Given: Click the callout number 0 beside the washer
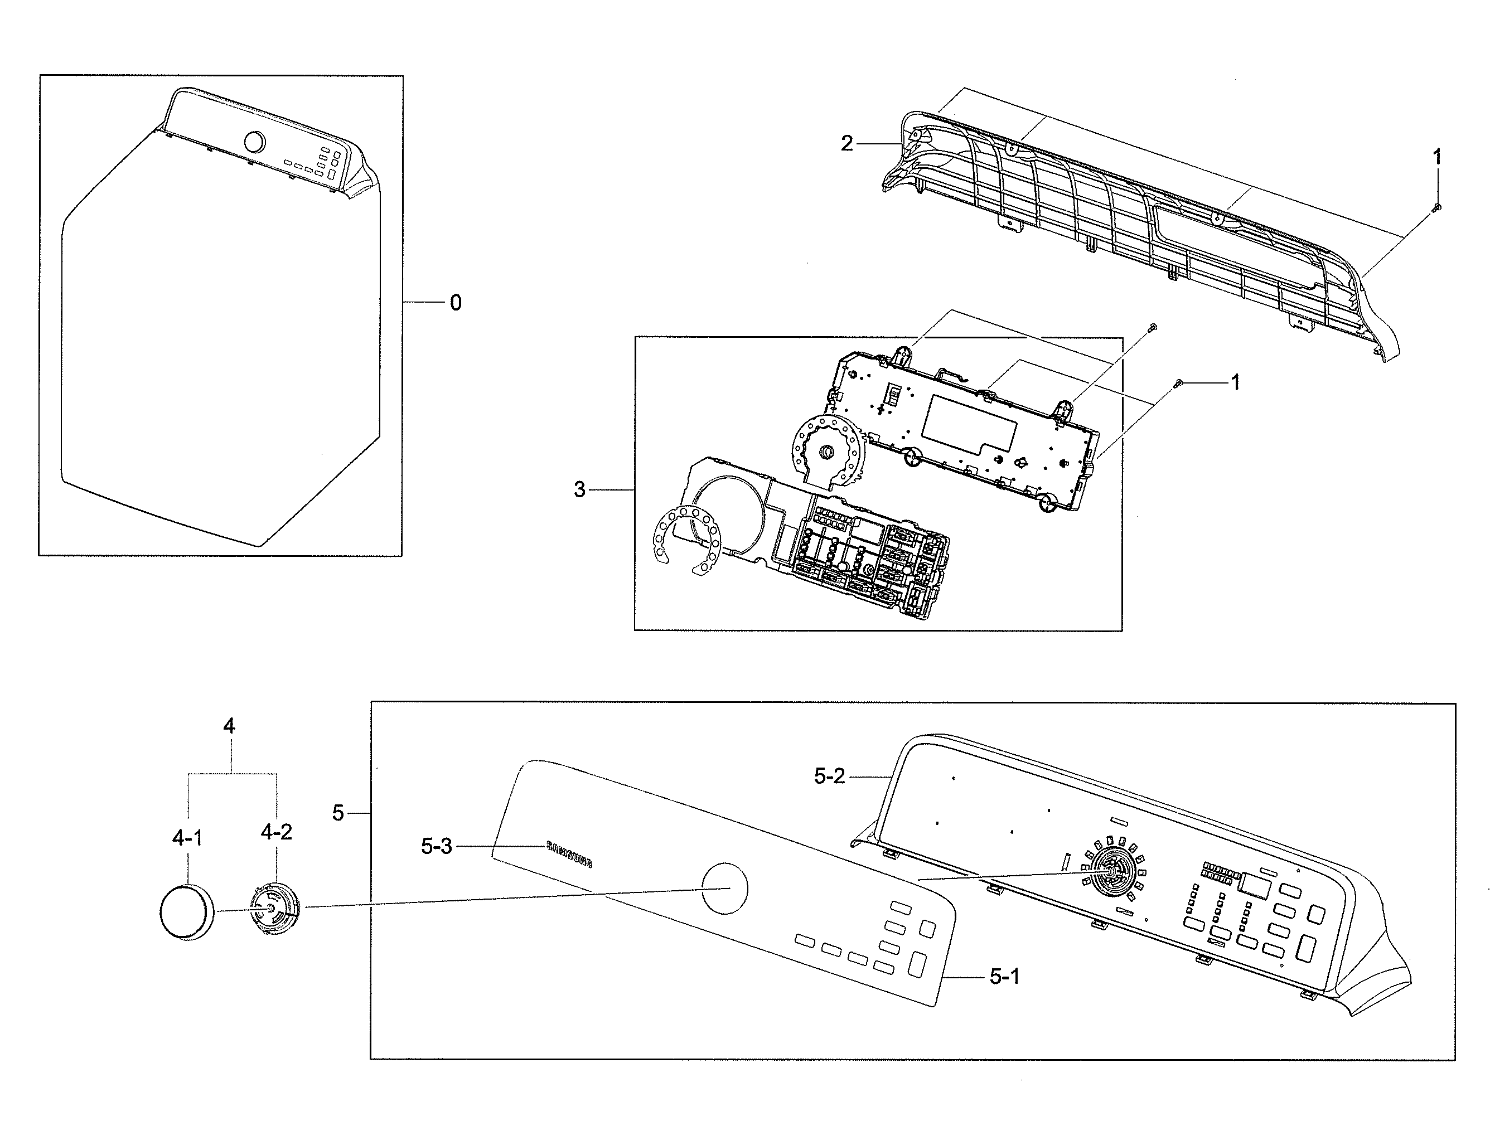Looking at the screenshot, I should (456, 303).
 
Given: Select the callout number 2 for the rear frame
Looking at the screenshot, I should (846, 143).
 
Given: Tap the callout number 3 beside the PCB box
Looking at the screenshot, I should (579, 489).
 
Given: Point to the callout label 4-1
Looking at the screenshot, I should (187, 838).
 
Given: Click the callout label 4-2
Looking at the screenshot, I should (276, 832).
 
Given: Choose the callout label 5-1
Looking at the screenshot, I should (1004, 977).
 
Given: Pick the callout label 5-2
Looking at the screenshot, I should (829, 776).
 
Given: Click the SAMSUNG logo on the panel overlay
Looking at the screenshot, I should (569, 854).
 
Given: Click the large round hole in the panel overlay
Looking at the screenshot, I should (725, 889).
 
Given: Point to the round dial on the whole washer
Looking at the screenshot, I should (254, 142).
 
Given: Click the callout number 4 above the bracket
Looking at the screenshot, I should (229, 726).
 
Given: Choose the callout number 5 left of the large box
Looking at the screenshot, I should (338, 813).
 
